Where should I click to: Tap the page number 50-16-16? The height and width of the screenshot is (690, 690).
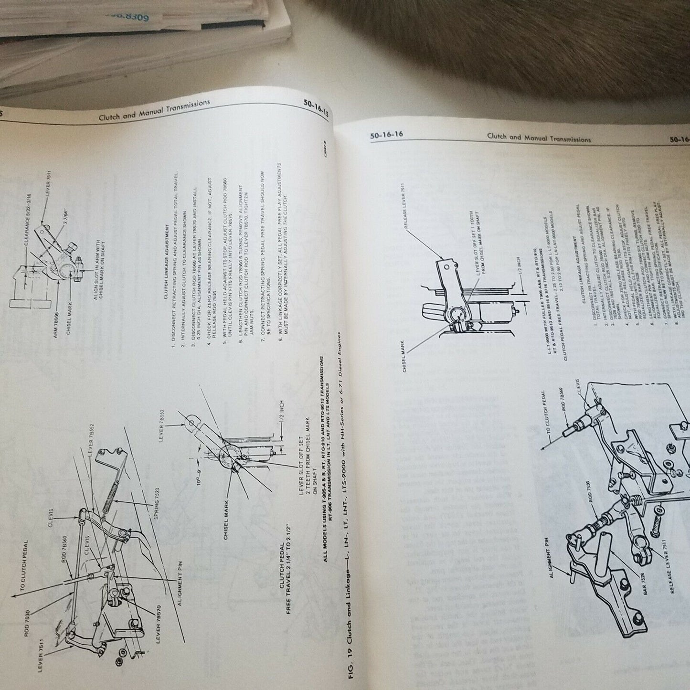click(386, 135)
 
